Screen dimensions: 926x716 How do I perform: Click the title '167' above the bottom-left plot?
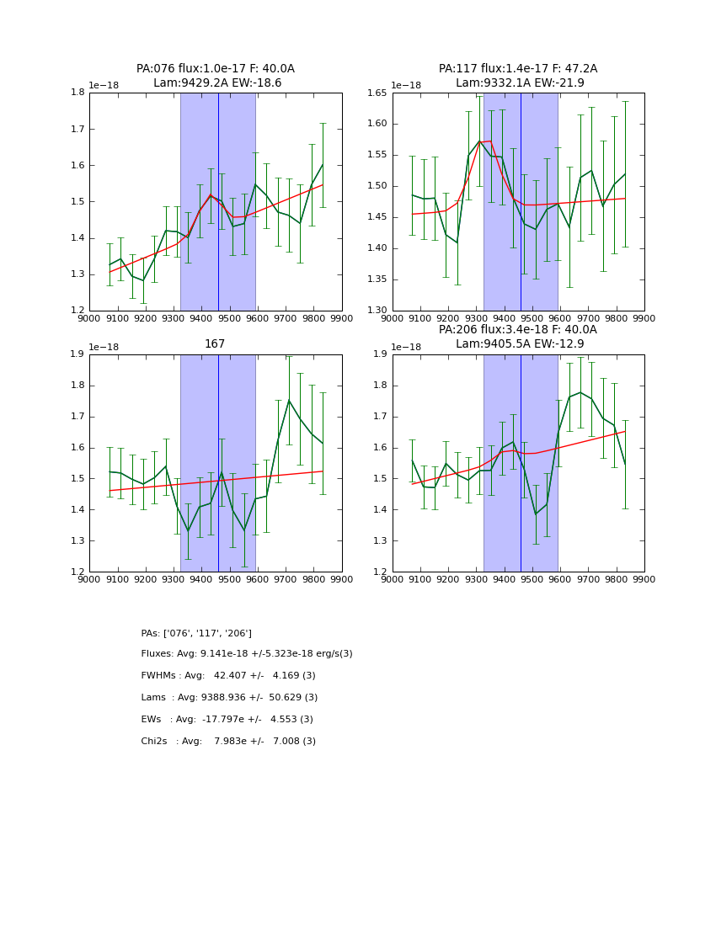tap(215, 343)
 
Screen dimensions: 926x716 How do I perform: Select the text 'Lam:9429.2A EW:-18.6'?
tap(217, 83)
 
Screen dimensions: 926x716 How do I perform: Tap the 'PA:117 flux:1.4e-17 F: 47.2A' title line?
tap(517, 69)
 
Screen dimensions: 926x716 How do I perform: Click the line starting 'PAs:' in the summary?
tap(196, 633)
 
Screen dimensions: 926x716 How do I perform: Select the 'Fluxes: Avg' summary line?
tap(247, 654)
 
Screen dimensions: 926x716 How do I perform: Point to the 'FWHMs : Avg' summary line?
tap(228, 676)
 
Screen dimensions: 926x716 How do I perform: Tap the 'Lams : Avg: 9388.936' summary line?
tap(229, 698)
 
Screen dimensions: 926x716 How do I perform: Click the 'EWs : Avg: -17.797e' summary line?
tap(227, 720)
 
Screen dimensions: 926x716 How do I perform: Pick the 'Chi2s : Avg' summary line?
tap(228, 742)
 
